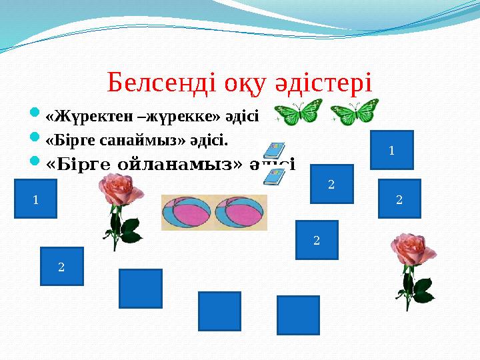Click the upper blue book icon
coord(274,151)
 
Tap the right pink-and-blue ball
coord(239,213)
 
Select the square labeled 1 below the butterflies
coord(391,150)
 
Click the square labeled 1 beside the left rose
coord(35,199)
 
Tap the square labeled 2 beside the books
coord(331,183)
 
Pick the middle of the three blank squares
coord(219,311)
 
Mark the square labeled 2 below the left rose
coord(61,267)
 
